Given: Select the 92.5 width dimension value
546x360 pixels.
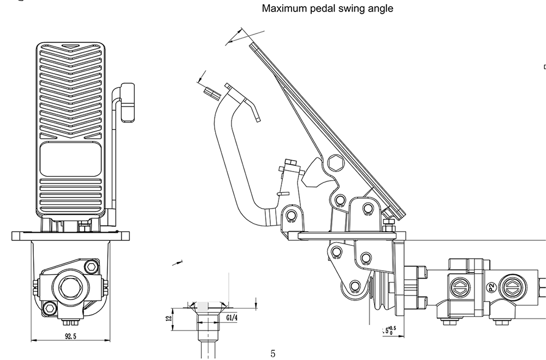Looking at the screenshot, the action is coord(70,337).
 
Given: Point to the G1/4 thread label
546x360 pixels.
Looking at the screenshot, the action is coord(232,318).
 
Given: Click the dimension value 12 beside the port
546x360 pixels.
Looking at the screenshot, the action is coord(169,318).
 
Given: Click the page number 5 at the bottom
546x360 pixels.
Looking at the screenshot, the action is coord(273,354).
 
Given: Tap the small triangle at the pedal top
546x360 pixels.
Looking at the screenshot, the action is coord(70,46).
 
